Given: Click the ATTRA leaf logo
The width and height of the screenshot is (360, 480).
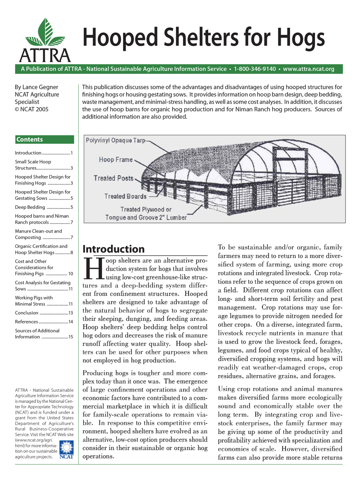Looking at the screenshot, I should click(45, 40).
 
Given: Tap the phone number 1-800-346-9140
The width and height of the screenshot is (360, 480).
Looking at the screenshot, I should click(255, 69).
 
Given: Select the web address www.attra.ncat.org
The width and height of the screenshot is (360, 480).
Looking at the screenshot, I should click(308, 69).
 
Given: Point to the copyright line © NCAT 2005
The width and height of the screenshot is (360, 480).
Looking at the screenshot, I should click(32, 109).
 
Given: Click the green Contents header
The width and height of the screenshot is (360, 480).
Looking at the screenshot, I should click(44, 140).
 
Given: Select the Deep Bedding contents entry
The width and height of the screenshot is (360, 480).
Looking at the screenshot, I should click(30, 207).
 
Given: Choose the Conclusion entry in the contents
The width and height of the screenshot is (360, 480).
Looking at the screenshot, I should click(27, 313).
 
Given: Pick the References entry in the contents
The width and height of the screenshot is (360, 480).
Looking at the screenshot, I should click(26, 322).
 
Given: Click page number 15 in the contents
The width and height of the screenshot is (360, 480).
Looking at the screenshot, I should click(71, 337).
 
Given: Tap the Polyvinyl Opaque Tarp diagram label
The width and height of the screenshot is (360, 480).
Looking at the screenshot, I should click(115, 141).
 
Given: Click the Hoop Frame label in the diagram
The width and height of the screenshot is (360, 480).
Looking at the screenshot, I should click(116, 160).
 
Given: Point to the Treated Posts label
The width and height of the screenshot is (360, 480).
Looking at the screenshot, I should click(114, 178).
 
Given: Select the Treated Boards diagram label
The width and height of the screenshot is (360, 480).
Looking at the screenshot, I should click(125, 196).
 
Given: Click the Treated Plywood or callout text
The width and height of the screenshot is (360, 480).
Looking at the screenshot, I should click(146, 209).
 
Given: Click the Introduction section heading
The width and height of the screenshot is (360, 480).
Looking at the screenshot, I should click(114, 249).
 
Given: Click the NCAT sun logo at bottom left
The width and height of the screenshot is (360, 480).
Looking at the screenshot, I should click(66, 449).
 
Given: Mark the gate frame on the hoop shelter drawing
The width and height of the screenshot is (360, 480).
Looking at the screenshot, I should click(289, 175).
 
